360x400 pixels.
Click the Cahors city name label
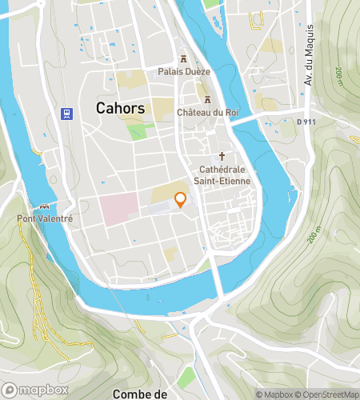120,107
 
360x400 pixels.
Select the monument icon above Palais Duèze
184,58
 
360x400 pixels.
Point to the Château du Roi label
209,112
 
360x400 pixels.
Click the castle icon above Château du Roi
209,100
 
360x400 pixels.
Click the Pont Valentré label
36,217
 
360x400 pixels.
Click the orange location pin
181,200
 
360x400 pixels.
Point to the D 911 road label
306,122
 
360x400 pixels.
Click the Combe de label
140,394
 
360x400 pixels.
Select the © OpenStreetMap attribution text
328,394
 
